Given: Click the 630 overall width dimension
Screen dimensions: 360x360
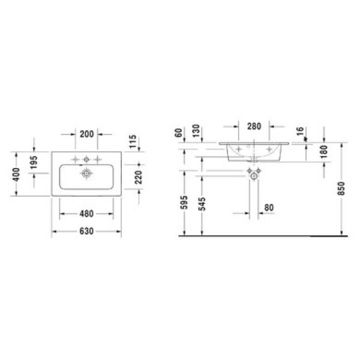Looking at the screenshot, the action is click(x=86, y=231).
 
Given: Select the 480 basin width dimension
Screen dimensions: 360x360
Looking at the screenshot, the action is click(x=86, y=214).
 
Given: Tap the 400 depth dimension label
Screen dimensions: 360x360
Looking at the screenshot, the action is click(x=16, y=174).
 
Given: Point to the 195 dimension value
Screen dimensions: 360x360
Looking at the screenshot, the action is click(x=34, y=163).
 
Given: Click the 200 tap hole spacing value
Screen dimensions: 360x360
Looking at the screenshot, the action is click(x=87, y=134).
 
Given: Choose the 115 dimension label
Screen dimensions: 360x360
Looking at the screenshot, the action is click(x=133, y=142).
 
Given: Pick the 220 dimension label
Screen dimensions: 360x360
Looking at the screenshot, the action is click(x=139, y=177).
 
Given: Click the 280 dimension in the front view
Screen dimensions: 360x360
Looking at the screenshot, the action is click(x=254, y=126).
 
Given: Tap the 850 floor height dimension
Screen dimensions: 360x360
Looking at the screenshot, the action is click(x=341, y=188).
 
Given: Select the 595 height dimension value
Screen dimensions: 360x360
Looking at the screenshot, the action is click(x=184, y=203).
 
